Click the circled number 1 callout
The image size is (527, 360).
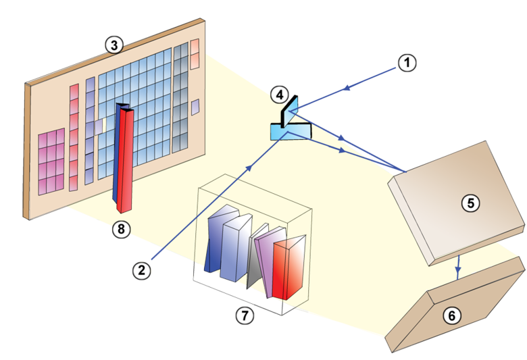point(406,63)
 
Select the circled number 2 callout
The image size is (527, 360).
point(141,271)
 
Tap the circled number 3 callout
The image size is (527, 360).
point(114,45)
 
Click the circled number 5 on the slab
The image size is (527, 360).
point(469,202)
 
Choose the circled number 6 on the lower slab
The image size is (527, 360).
point(451,315)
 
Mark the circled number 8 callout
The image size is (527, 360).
point(121,229)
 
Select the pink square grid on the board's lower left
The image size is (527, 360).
point(51,161)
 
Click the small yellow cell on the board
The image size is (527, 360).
point(103,125)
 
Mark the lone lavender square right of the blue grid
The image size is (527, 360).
point(195,107)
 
